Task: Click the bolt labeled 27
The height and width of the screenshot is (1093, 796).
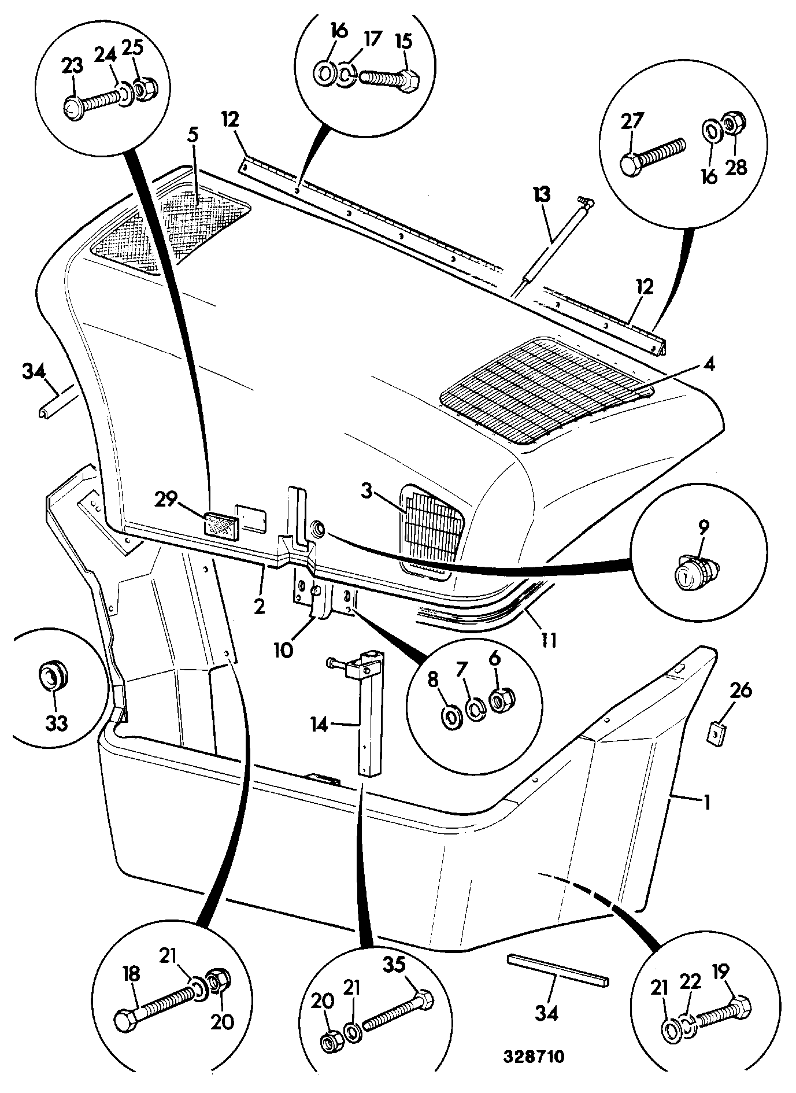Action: pos(652,152)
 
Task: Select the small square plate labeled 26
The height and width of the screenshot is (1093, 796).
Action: pos(715,734)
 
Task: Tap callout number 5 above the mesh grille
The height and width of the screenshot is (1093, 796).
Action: pos(192,136)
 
